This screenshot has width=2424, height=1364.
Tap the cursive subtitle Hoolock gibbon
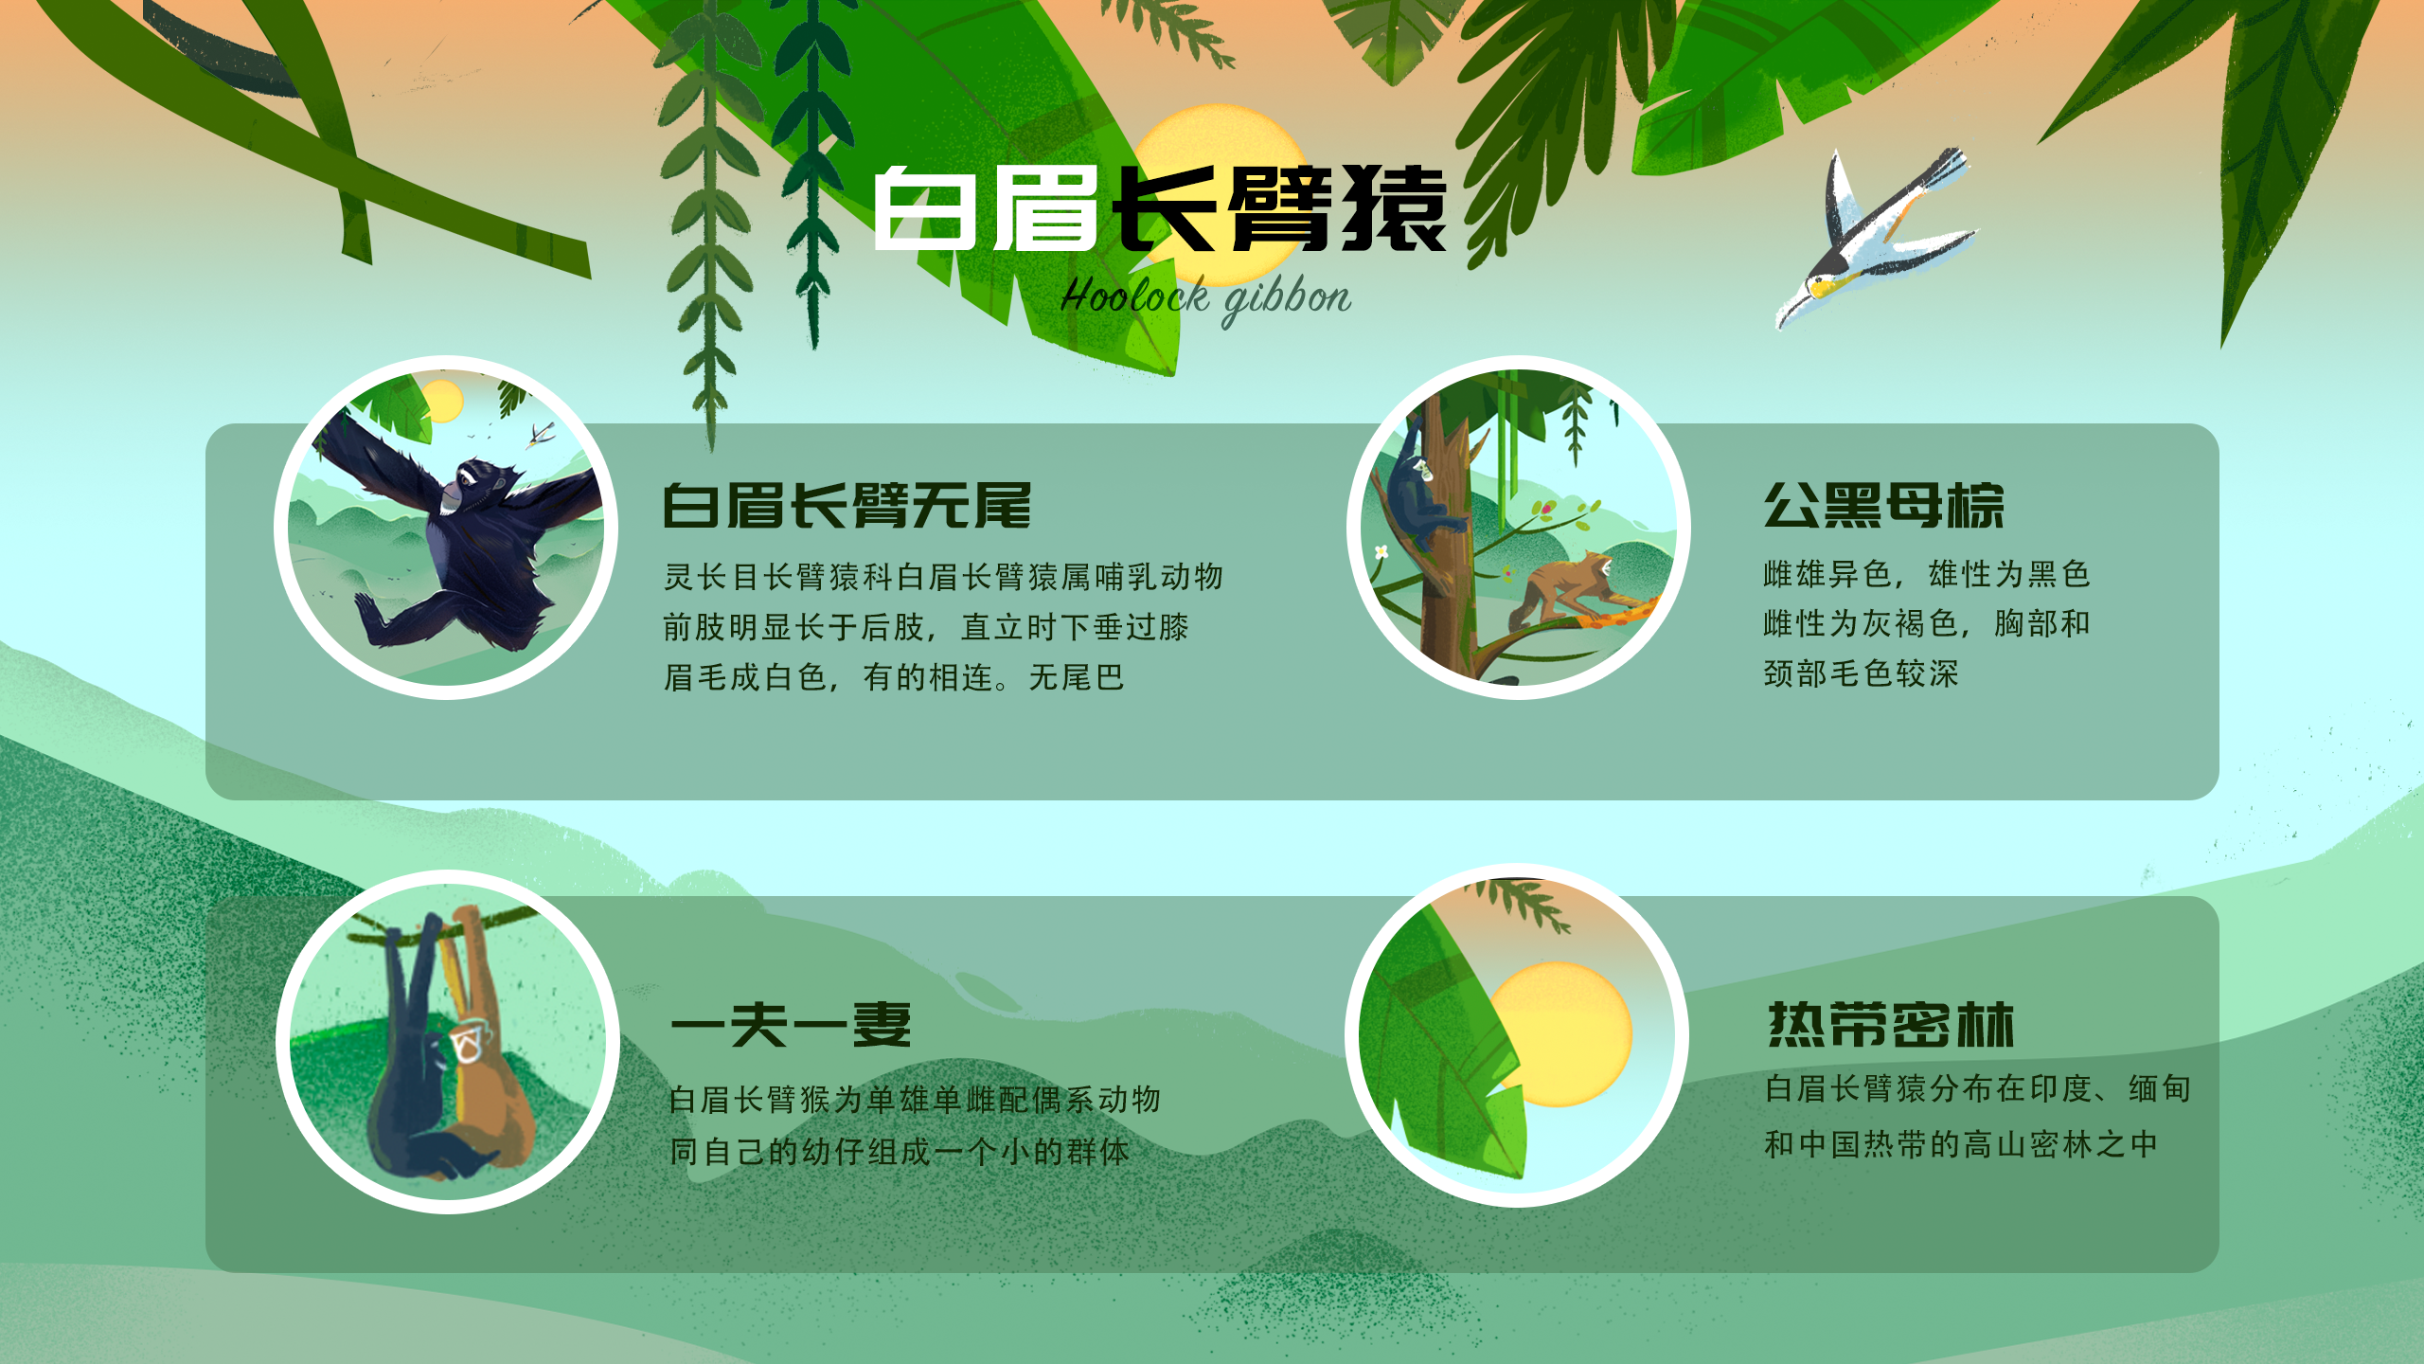[1205, 298]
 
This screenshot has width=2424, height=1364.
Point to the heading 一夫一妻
[791, 1025]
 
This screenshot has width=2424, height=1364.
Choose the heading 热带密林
[1891, 1025]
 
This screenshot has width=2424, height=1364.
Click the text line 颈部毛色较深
[1861, 674]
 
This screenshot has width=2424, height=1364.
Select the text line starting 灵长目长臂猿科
[943, 576]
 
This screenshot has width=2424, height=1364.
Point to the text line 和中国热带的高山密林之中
[1960, 1144]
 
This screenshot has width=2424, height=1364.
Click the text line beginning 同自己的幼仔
[900, 1152]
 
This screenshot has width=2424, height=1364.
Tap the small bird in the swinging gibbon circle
[541, 436]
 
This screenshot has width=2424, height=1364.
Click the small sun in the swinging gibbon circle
[441, 401]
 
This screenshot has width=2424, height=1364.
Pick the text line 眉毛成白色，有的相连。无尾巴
[894, 677]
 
